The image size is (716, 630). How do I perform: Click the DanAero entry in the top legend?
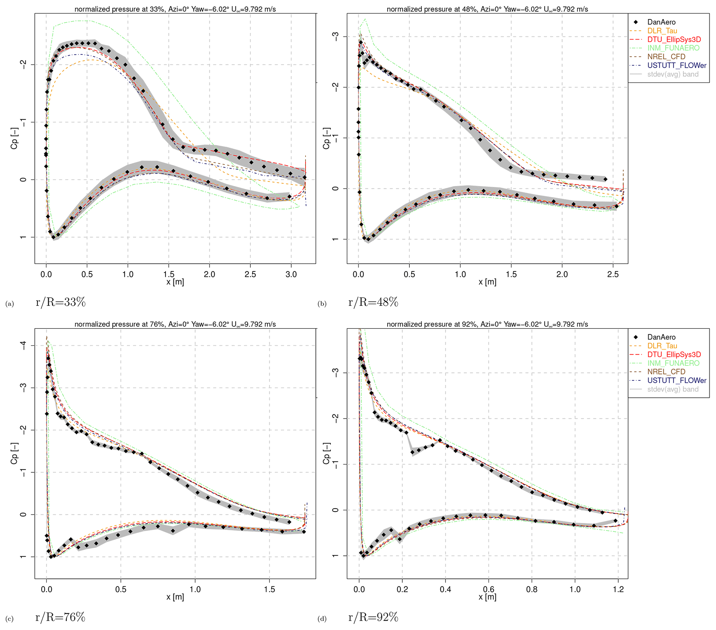tap(661, 23)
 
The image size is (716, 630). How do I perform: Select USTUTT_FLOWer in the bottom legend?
tap(677, 380)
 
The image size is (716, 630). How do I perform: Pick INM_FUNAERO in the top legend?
tap(673, 48)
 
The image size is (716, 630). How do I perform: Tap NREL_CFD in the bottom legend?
tap(666, 372)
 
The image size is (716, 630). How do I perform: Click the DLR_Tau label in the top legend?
tap(662, 31)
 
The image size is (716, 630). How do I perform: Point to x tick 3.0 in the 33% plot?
tap(291, 274)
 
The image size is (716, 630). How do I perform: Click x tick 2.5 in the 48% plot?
tap(613, 274)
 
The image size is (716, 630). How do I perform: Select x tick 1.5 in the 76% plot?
tap(270, 589)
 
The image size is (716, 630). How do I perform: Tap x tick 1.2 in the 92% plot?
tap(619, 589)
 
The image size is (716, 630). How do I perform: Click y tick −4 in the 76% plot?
tap(23, 346)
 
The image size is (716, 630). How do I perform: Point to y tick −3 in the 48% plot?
tap(336, 36)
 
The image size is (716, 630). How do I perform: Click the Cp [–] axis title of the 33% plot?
tap(14, 138)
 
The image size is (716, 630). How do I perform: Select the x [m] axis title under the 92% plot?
tap(487, 597)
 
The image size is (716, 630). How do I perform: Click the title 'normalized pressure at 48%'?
tap(487, 9)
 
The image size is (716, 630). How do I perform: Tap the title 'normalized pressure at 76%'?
tap(175, 324)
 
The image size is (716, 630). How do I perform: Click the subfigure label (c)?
tap(9, 619)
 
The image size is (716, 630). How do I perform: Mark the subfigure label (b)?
tap(322, 304)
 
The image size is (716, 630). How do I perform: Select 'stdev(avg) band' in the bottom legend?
tap(673, 389)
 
